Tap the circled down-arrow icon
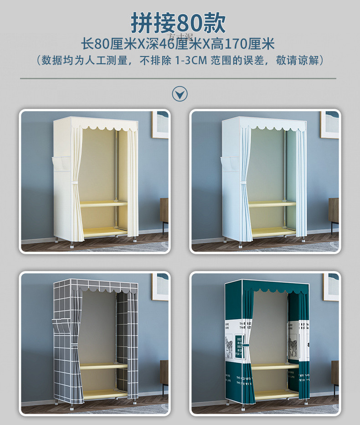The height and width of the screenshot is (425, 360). point(180,94)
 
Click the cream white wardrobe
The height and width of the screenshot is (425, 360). point(96,178)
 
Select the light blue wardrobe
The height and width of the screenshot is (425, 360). point(264,178)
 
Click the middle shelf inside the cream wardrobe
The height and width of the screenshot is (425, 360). point(103,204)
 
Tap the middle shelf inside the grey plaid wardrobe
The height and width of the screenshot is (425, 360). point(103,365)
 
